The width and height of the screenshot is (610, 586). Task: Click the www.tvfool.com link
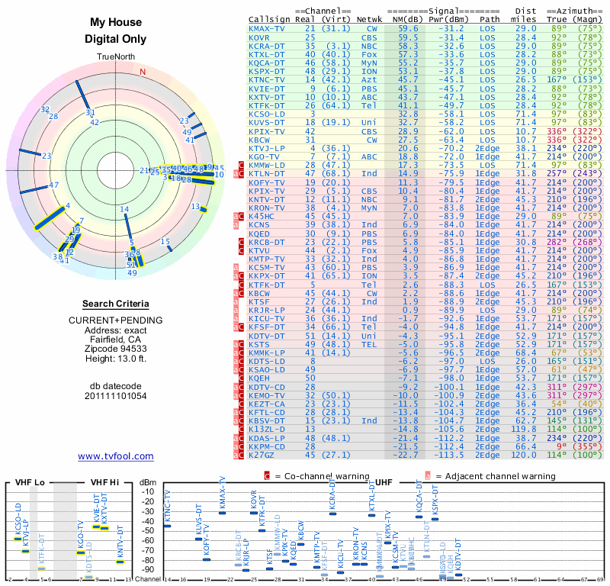click(116, 456)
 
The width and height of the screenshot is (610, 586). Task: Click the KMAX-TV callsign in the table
click(268, 27)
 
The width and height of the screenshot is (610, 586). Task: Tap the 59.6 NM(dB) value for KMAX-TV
click(408, 27)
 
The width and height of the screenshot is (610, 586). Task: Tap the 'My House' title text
click(116, 23)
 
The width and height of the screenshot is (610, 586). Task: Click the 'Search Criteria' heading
click(116, 304)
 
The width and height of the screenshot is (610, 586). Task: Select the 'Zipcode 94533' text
click(116, 347)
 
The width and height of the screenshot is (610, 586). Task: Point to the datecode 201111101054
click(116, 396)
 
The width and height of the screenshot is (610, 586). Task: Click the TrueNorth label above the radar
click(116, 57)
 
